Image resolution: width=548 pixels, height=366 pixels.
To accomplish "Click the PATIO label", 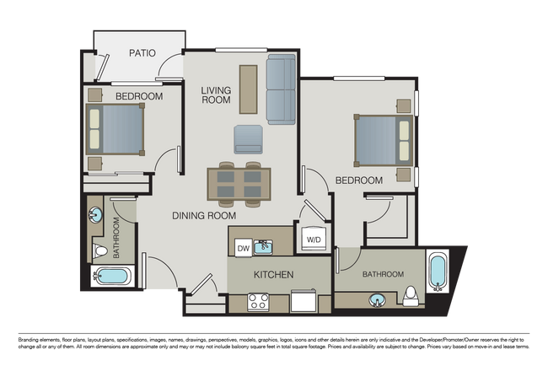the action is point(142,53).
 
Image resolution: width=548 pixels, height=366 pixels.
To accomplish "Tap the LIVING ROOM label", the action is point(216,95).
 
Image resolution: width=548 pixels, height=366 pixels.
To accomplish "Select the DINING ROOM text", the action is point(204,216).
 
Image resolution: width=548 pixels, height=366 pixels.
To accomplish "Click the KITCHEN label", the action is point(274,275).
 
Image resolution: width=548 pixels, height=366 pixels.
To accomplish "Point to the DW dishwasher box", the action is point(244,248).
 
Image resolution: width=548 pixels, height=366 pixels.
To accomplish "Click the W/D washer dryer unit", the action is point(314,240).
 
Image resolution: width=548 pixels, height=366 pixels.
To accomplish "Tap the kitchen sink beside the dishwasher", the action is point(263,247).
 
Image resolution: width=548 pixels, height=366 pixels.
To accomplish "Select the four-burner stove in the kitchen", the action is point(258,302).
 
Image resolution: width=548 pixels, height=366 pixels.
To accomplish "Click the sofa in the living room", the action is point(281,89).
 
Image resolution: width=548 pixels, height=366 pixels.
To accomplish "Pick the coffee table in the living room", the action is point(248,89).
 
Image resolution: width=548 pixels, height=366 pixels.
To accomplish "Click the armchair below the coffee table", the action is point(248,139).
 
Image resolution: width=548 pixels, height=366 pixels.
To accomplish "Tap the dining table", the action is point(239,184).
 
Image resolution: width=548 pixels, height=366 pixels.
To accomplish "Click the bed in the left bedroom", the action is point(116,129).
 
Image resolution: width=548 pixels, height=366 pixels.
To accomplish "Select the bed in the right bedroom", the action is point(384,140).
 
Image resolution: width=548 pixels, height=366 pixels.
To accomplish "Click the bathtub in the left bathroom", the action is point(112,276).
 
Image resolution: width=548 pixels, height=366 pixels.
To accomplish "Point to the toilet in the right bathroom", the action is point(411,296).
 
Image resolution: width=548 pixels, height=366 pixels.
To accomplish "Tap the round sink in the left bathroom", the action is point(94,215).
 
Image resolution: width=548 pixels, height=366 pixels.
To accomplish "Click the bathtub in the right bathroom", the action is point(438,272).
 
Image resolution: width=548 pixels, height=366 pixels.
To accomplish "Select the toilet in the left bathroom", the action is point(100,250).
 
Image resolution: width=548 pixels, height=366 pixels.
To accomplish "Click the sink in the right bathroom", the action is point(377,300).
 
